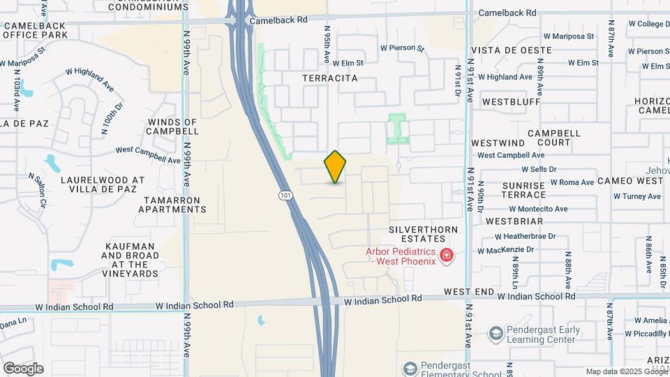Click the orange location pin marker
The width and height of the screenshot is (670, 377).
pyautogui.click(x=336, y=166)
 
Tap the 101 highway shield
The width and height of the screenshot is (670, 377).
pyautogui.click(x=285, y=195)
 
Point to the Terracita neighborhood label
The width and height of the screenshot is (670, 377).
pyautogui.click(x=330, y=78)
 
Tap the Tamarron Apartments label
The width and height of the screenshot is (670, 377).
pyautogui.click(x=174, y=204)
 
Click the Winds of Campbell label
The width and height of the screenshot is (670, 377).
pyautogui.click(x=173, y=126)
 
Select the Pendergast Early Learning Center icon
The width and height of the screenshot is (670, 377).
pyautogui.click(x=496, y=334)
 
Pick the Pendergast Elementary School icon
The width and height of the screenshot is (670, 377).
pyautogui.click(x=410, y=368)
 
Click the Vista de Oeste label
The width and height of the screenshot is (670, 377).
pyautogui.click(x=512, y=50)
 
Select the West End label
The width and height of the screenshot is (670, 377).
pyautogui.click(x=469, y=291)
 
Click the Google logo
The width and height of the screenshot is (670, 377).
pyautogui.click(x=22, y=369)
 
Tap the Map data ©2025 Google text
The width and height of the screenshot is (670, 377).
pyautogui.click(x=626, y=371)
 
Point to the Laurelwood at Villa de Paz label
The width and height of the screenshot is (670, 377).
pyautogui.click(x=103, y=184)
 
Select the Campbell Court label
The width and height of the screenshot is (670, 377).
pyautogui.click(x=554, y=138)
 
